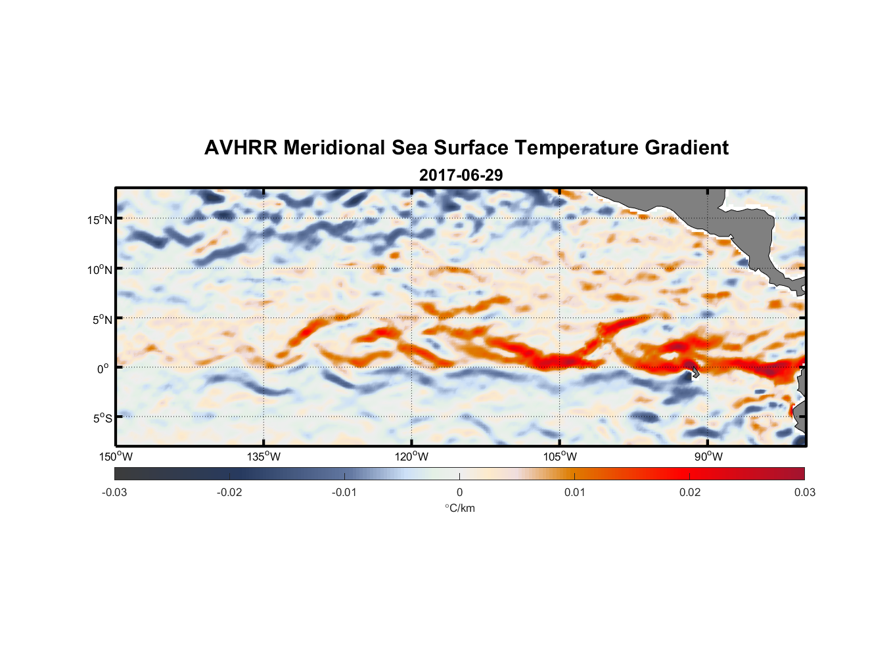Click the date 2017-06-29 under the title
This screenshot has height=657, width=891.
[x=461, y=175]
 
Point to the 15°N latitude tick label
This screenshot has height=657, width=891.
[x=99, y=219]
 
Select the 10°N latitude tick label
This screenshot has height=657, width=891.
[x=99, y=269]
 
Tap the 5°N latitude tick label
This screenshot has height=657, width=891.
[x=101, y=319]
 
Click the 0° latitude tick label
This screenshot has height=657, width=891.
[x=103, y=369]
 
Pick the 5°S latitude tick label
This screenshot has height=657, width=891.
[x=101, y=419]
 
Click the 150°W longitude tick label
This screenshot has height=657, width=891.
[x=116, y=457]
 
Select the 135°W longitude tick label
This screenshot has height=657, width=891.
[x=263, y=457]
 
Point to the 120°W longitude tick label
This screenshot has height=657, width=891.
[x=411, y=457]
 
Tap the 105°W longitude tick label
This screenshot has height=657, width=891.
[x=559, y=457]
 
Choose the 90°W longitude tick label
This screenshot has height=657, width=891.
[x=708, y=457]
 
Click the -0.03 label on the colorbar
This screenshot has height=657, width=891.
[x=114, y=492]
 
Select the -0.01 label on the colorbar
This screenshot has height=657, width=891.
[x=344, y=492]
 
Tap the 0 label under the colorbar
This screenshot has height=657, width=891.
[x=459, y=492]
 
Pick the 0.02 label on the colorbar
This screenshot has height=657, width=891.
[x=689, y=492]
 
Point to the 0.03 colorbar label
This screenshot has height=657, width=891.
[x=804, y=492]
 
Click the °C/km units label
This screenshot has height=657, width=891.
[x=459, y=508]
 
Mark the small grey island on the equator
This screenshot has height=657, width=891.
[x=695, y=373]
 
